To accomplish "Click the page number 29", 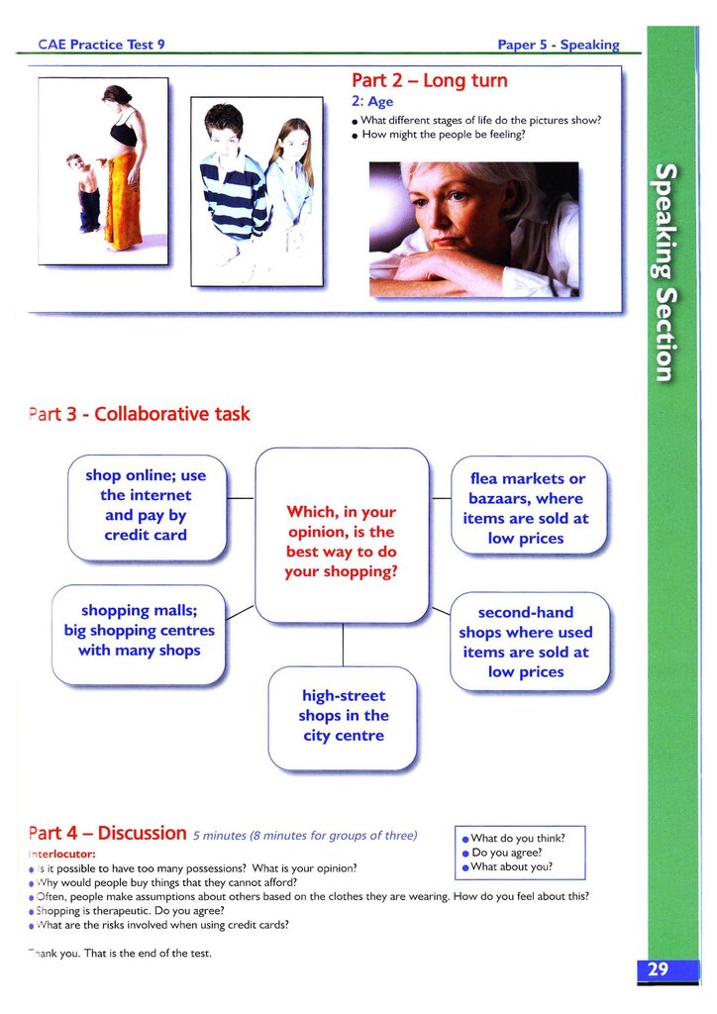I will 659,969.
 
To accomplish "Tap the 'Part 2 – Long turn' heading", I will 429,80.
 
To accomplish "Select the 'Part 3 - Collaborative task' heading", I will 139,414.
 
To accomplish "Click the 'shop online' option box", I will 146,506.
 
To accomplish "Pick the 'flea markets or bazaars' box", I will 526,509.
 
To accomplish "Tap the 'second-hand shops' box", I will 526,642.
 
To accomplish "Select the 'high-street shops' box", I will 343,716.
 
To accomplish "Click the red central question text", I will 341,542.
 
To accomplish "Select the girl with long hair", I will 290,178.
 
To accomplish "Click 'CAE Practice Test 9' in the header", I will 101,45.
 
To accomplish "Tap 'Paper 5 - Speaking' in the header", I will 558,45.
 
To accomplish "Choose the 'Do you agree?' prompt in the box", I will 506,853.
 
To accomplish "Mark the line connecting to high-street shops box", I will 343,646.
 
